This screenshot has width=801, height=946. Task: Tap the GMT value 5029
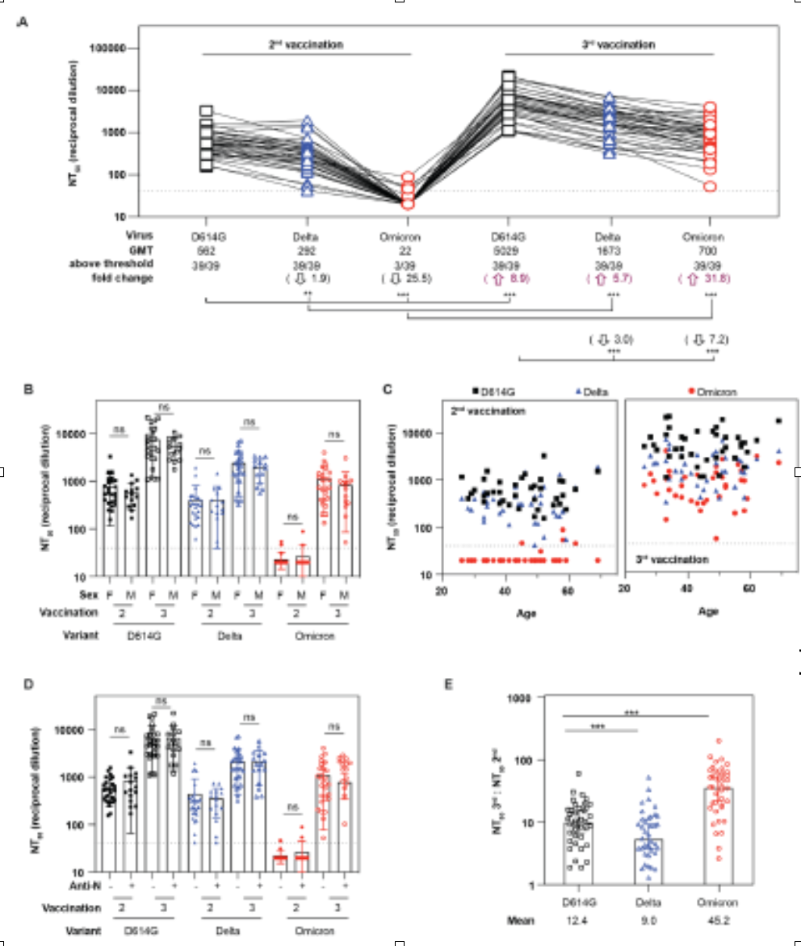click(x=508, y=249)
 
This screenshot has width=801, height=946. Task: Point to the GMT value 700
click(x=710, y=249)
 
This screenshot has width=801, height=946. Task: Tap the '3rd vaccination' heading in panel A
click(x=606, y=45)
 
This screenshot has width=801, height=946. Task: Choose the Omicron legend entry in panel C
click(x=714, y=392)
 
